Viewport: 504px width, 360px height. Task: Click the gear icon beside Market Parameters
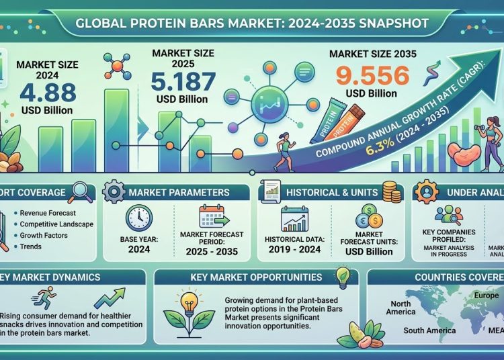click(x=116, y=192)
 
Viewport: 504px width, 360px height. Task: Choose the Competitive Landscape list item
click(x=56, y=224)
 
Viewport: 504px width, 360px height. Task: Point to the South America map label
click(x=430, y=330)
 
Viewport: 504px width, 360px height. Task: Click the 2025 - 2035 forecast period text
click(x=213, y=252)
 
